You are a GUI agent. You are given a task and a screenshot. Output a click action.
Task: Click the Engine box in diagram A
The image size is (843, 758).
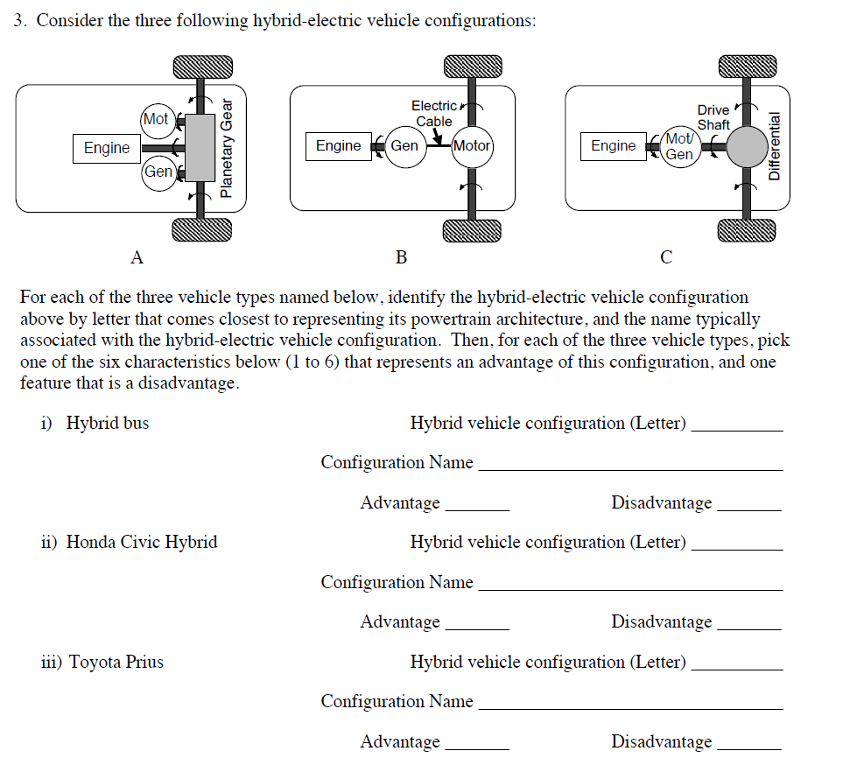click(107, 148)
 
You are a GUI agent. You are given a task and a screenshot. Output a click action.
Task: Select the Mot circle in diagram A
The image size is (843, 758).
click(156, 119)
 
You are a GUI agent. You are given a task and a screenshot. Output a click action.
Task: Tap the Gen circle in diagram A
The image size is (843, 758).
click(158, 172)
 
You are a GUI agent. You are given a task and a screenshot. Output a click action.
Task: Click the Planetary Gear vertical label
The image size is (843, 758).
click(227, 148)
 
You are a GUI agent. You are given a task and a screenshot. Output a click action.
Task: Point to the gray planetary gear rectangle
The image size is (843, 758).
click(201, 148)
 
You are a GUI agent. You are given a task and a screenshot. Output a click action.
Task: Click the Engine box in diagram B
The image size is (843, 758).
click(338, 145)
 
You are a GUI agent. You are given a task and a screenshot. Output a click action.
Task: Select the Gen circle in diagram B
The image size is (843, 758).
click(404, 145)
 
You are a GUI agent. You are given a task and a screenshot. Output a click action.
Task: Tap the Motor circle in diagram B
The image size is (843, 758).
click(472, 145)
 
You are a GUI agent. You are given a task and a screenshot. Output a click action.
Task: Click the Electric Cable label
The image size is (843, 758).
click(433, 114)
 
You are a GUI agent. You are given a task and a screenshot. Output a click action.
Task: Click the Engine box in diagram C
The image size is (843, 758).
click(613, 145)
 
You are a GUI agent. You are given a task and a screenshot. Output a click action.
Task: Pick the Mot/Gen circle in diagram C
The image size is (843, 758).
click(679, 146)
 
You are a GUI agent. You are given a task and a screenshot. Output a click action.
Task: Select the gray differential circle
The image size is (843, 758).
click(747, 146)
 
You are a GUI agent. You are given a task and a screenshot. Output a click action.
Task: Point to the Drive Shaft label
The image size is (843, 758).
click(713, 117)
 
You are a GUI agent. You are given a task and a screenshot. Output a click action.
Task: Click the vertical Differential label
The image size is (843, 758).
click(773, 146)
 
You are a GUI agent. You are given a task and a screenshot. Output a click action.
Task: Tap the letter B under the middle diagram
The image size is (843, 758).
click(401, 257)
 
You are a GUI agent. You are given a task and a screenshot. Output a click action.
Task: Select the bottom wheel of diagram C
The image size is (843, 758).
click(747, 230)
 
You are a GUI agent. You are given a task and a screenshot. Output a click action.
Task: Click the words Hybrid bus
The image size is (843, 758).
click(108, 423)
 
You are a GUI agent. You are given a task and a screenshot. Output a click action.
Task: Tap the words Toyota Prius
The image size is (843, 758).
click(116, 662)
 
